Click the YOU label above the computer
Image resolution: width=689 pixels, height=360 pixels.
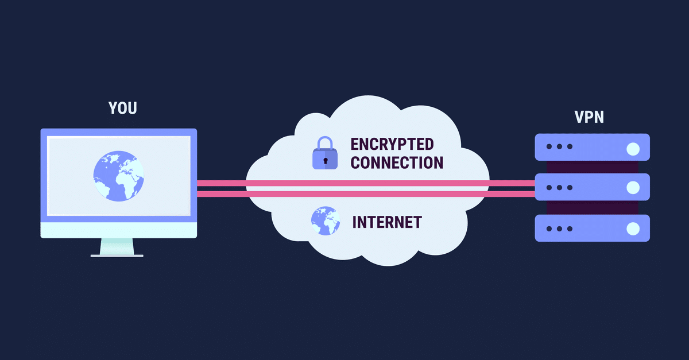[123, 108]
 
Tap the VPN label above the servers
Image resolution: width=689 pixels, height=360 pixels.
[589, 118]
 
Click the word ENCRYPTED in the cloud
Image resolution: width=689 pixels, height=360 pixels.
[392, 144]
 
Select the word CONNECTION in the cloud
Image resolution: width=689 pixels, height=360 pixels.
[397, 162]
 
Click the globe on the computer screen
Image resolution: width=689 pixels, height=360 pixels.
[119, 175]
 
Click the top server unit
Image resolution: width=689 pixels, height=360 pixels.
[591, 147]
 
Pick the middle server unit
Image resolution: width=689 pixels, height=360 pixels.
[591, 187]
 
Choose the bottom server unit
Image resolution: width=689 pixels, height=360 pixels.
[591, 229]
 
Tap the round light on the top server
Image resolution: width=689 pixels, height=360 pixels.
[633, 149]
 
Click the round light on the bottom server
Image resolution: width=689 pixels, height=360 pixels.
[633, 229]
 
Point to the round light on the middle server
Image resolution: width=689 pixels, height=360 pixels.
[633, 188]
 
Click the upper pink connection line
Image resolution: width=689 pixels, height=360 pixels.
[367, 184]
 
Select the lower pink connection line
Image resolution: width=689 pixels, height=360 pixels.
[367, 195]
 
